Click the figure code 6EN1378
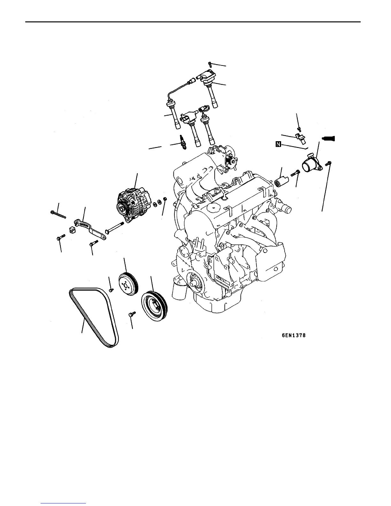(294, 335)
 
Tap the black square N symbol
(278, 144)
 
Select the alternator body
(134, 205)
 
